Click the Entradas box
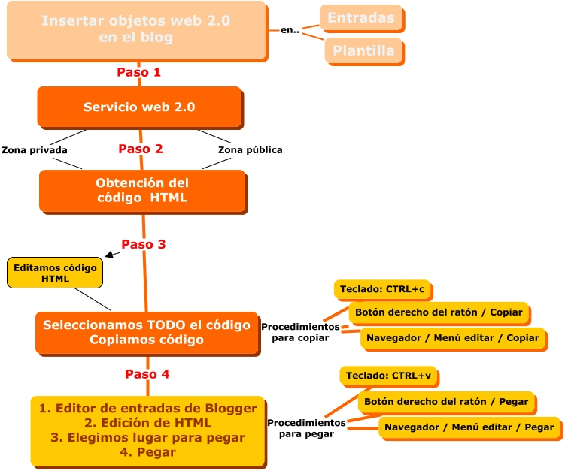tap(361, 17)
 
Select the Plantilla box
tap(364, 51)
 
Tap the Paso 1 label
tap(139, 73)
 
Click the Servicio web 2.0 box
tap(139, 107)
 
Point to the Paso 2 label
tap(141, 149)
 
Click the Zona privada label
tap(35, 150)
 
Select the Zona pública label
tap(250, 150)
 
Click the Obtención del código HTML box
tap(142, 191)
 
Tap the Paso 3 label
tap(144, 244)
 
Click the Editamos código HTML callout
tap(55, 273)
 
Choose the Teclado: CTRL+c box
tap(383, 289)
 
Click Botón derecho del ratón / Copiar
tap(439, 312)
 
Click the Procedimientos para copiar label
tap(300, 332)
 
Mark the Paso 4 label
tap(141, 374)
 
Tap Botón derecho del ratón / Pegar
tap(446, 402)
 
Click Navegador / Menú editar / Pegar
tap(469, 427)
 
